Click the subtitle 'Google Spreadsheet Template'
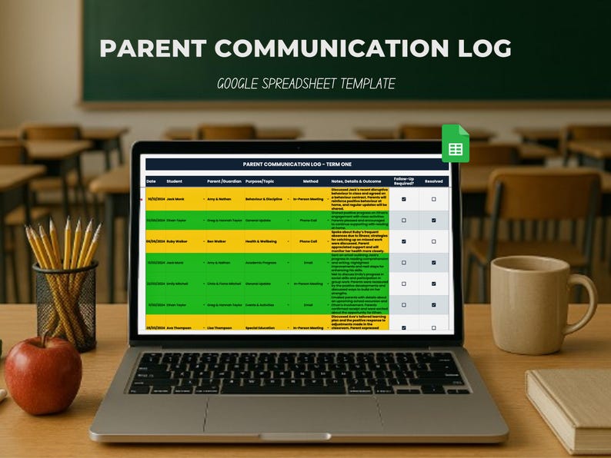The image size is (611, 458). click(305, 83)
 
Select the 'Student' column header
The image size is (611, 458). click(175, 181)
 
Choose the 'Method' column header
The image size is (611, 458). click(310, 181)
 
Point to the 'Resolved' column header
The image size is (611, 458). click(434, 181)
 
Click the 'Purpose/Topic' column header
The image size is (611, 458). click(259, 181)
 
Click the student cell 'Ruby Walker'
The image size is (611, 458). click(179, 241)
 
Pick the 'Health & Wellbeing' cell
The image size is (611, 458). click(262, 241)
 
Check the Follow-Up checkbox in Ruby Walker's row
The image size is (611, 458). click(404, 241)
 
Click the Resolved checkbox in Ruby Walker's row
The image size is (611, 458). click(434, 241)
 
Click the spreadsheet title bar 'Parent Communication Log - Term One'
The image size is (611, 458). click(297, 164)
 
